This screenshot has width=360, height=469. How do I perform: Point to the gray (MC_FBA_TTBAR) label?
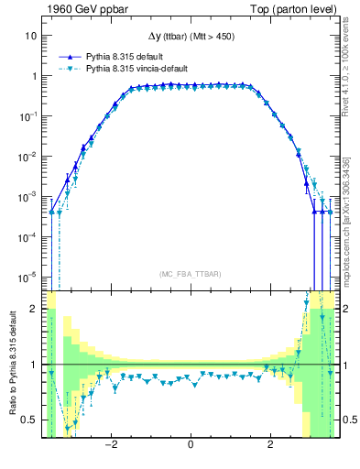click(191, 274)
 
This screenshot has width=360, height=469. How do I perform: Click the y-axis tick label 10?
click(30, 36)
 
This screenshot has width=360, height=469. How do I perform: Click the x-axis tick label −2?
click(110, 446)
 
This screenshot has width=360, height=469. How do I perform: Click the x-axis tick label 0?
click(191, 446)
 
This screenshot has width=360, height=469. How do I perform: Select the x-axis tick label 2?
click(270, 446)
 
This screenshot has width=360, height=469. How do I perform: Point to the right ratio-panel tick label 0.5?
click(348, 420)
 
